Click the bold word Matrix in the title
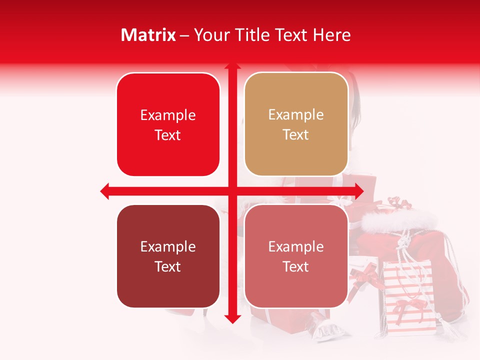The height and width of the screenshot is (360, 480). click(148, 35)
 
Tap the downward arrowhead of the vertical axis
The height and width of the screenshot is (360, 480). click(232, 319)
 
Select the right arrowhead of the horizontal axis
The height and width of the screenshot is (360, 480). click(358, 191)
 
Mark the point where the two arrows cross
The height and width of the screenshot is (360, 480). click(232, 191)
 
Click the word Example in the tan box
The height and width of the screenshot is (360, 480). click(296, 115)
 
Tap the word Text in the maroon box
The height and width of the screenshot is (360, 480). click(168, 266)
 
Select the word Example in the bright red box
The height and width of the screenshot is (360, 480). click(168, 115)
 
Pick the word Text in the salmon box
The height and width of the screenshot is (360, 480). click(296, 266)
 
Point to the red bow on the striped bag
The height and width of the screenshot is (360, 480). click(404, 306)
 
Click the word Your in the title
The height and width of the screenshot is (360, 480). click(210, 35)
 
